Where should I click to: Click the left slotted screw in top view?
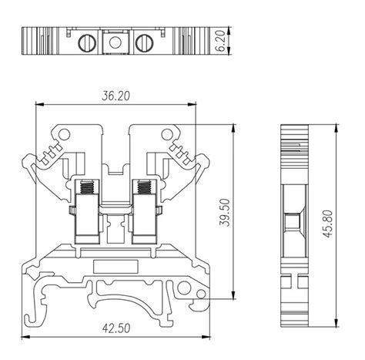tap(87, 43)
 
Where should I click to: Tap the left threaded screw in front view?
tap(87, 187)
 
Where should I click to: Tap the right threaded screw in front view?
tap(142, 187)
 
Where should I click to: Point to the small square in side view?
tap(293, 222)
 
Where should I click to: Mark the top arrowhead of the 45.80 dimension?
tap(339, 126)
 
